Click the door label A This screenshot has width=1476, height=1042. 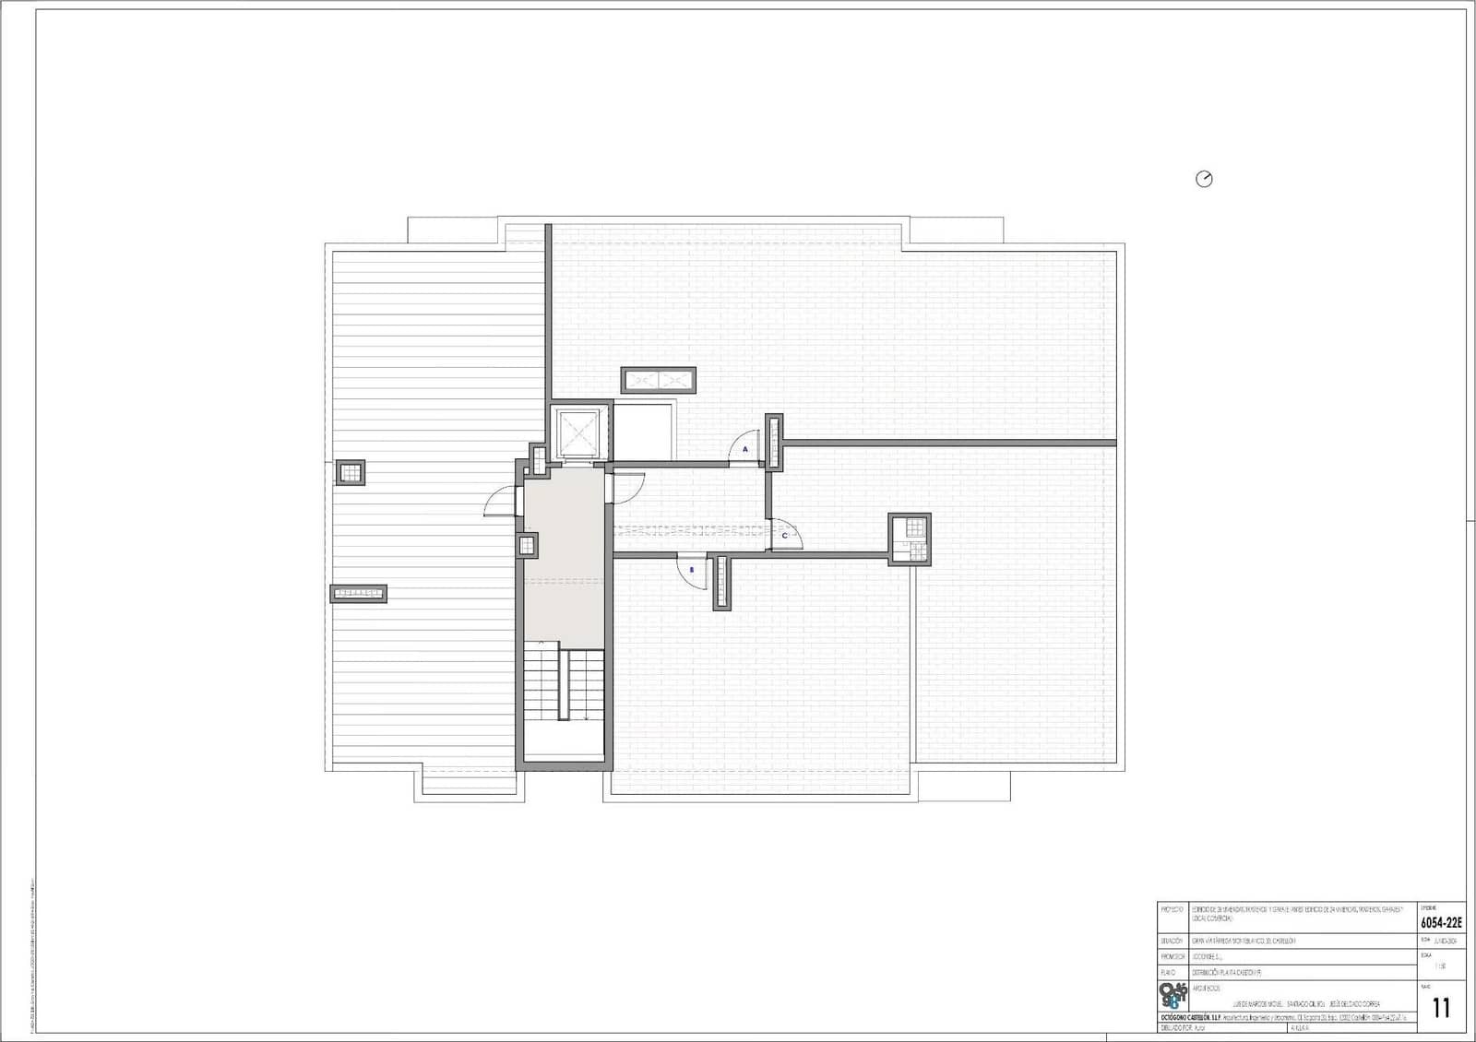point(745,449)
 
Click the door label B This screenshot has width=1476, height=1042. point(691,570)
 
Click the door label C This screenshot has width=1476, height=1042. point(785,535)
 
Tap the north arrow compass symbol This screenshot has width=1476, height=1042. point(1204,179)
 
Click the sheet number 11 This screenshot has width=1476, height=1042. point(1441,1007)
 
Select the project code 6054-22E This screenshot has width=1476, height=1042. point(1440,922)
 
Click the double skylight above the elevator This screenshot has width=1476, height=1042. point(659,380)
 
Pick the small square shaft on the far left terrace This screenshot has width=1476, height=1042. point(350,472)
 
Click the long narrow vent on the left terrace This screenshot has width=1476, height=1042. point(358,593)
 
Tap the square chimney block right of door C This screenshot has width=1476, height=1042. point(910,539)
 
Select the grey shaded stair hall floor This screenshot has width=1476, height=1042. point(564,553)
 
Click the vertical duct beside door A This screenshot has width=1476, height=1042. point(774,443)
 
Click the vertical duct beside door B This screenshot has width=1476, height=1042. point(720,582)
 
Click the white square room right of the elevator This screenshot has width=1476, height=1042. point(643,432)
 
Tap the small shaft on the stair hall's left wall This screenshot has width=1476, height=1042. point(527,545)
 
